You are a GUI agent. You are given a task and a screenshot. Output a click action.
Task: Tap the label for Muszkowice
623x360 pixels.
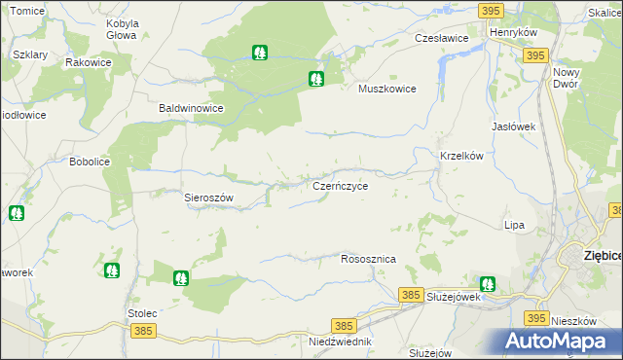click(x=387, y=89)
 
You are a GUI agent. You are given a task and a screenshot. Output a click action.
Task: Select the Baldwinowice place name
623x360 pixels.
click(x=192, y=109)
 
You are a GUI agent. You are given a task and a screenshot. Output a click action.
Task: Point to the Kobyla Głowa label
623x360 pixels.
click(x=122, y=28)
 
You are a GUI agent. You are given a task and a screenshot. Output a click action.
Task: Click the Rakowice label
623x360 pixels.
click(x=88, y=62)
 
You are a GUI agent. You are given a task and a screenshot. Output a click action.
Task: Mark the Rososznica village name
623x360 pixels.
click(x=368, y=260)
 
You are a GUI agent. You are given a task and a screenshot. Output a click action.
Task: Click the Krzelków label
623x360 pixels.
click(x=462, y=156)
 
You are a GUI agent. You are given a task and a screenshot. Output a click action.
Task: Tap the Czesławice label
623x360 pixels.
click(x=442, y=38)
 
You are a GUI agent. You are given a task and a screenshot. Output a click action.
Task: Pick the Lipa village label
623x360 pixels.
click(x=514, y=225)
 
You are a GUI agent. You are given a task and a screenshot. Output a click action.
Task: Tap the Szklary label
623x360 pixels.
click(x=31, y=55)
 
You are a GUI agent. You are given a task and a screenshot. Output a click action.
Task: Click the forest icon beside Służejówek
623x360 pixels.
click(x=487, y=284)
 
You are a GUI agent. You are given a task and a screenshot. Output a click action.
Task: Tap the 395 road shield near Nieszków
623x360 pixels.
click(x=535, y=318)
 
